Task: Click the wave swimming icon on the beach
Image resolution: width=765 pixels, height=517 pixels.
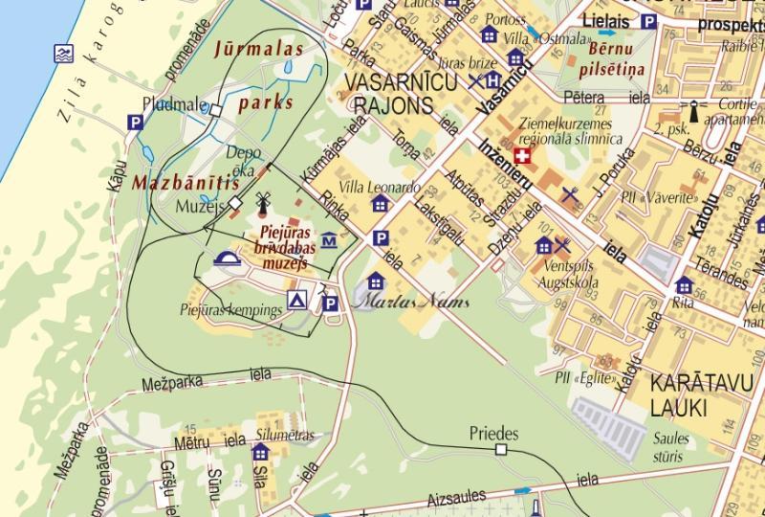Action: [63, 53]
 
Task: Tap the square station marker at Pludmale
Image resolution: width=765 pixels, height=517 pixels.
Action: [216, 111]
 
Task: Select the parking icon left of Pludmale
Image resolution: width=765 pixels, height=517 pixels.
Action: [137, 122]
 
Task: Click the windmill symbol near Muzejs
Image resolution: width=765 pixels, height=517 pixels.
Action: [262, 202]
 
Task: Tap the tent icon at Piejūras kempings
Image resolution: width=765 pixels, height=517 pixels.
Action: [297, 301]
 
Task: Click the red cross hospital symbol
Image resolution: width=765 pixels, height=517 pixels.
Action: [522, 156]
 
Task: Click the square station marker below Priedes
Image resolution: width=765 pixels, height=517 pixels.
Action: [500, 450]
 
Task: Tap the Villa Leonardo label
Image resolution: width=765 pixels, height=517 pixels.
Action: [380, 188]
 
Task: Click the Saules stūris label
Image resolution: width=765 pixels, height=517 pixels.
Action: [669, 447]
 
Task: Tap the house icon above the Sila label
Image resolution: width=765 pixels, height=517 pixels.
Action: [260, 452]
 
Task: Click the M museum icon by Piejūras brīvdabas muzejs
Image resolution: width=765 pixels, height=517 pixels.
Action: [329, 239]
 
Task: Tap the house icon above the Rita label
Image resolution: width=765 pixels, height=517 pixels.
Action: [684, 284]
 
